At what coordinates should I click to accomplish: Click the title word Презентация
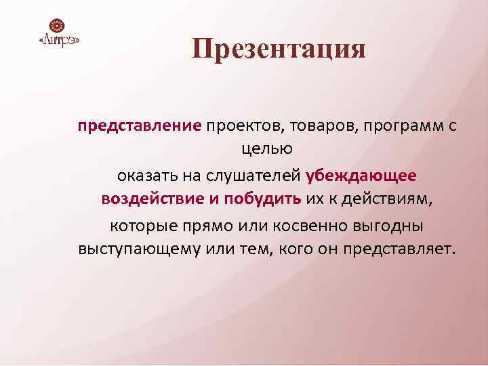[x=279, y=49]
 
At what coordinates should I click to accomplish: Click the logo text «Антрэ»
[x=60, y=42]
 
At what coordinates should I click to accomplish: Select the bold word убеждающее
[x=361, y=176]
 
